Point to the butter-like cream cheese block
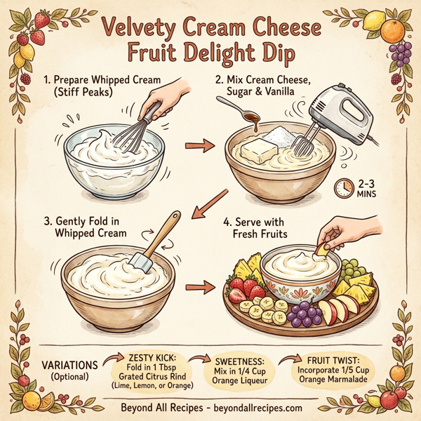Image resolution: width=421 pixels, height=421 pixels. [x=260, y=150]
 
